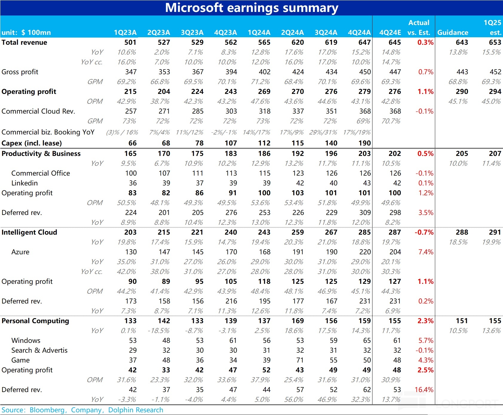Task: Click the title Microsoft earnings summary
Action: point(251,8)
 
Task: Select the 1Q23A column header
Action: point(125,32)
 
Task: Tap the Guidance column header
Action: point(453,32)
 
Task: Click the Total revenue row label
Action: point(24,42)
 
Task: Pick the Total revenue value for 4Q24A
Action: point(364,42)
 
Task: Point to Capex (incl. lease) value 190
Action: point(364,143)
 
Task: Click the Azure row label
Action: point(20,252)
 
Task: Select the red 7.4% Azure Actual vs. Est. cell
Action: point(426,252)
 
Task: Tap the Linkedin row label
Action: point(24,183)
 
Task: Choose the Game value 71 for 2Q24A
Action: point(300,360)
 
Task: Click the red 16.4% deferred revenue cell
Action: point(424,390)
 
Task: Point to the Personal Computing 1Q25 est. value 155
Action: point(495,321)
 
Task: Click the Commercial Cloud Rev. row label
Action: point(38,111)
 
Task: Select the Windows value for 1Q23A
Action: point(133,340)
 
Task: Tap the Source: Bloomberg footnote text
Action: point(82,410)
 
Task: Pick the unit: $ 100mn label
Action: point(26,32)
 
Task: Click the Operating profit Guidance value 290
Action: point(462,92)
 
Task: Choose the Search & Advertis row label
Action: point(39,350)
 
